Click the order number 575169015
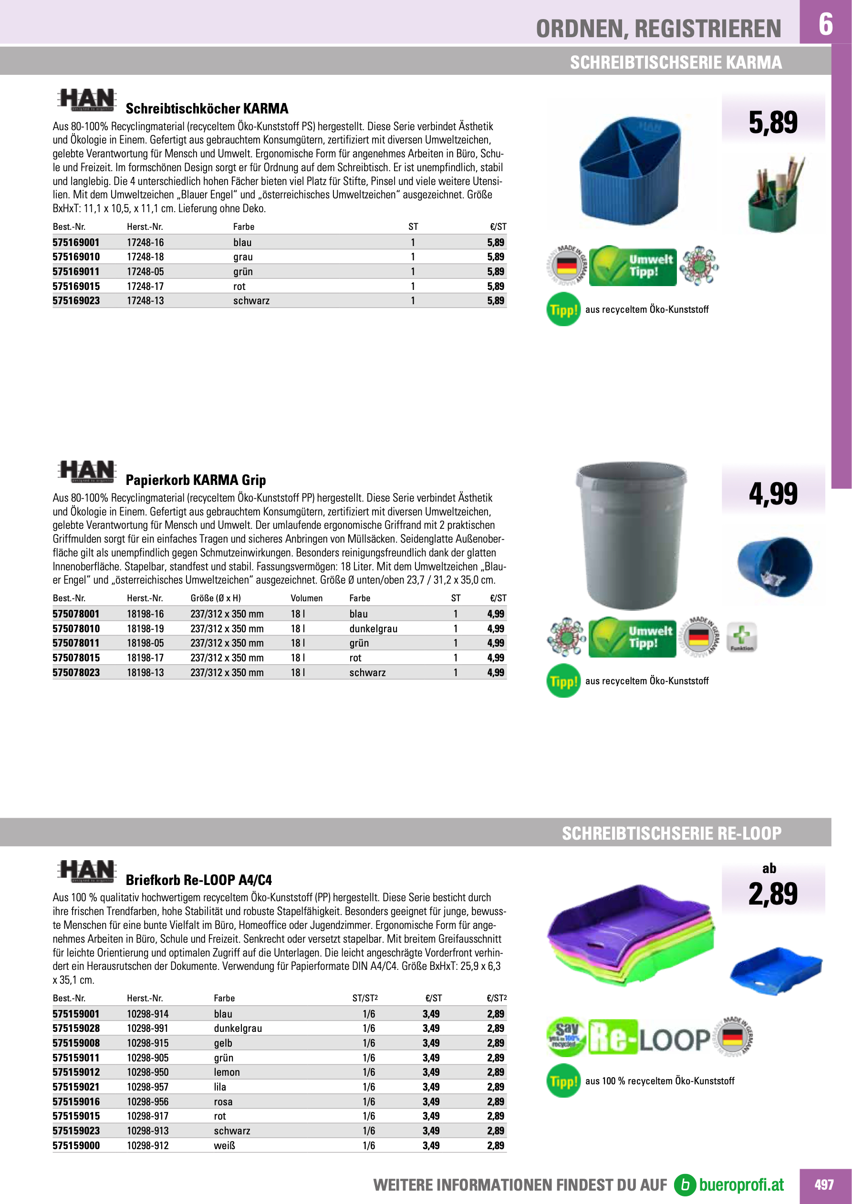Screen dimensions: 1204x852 [76, 286]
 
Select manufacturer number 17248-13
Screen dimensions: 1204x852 [145, 300]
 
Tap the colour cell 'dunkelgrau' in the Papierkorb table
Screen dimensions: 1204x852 [373, 628]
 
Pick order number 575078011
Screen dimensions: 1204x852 [76, 643]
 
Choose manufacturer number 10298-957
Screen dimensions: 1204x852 [147, 1087]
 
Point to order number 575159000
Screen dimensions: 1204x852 [76, 1145]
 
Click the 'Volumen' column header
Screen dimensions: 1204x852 [306, 598]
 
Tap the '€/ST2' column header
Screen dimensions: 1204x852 [496, 998]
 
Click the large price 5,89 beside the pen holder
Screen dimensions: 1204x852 [773, 123]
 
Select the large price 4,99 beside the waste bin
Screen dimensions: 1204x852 [773, 494]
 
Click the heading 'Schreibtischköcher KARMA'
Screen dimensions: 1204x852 [207, 109]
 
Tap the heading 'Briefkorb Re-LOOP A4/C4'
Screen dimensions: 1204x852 [199, 880]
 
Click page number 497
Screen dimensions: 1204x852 [824, 1184]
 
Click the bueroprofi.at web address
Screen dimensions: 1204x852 [741, 1184]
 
